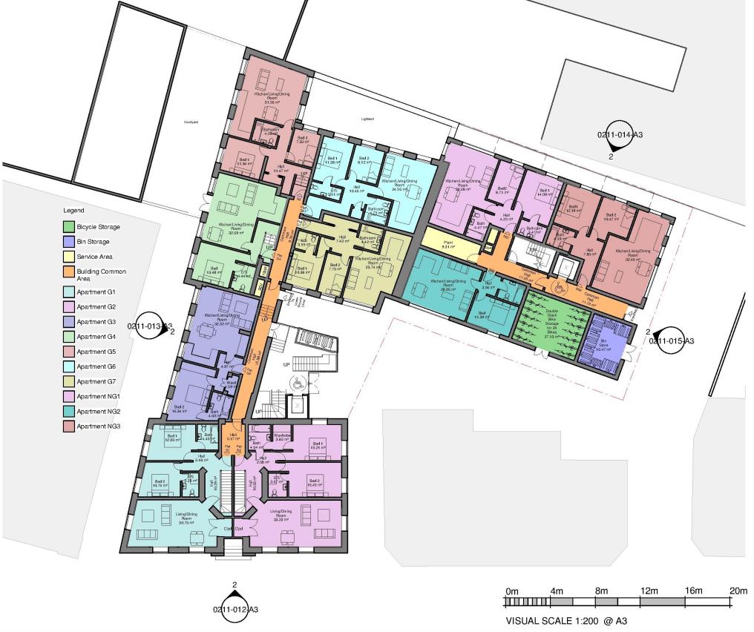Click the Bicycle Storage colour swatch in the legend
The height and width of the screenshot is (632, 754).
[x=68, y=227]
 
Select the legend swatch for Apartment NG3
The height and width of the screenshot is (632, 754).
[x=68, y=426]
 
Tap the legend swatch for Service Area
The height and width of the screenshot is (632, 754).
[x=68, y=257]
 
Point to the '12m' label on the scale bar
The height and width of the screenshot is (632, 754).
[x=649, y=590]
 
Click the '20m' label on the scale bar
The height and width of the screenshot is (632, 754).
[x=738, y=590]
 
